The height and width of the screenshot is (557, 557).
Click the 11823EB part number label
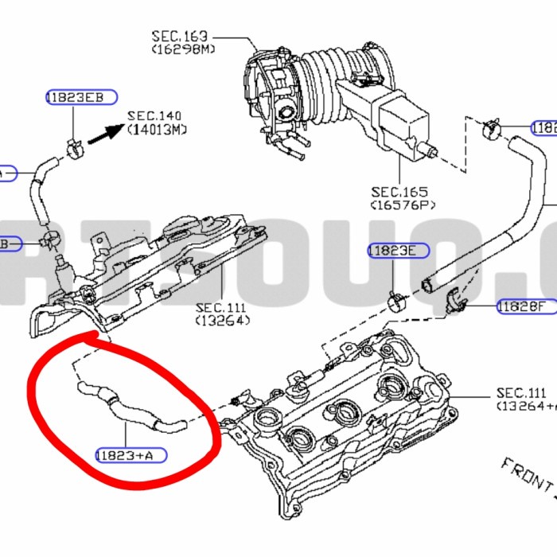[75, 98]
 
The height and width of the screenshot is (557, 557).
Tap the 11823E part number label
[397, 251]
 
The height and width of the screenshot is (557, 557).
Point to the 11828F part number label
[522, 306]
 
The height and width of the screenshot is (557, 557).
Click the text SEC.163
[180, 37]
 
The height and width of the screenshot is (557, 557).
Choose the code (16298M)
[183, 49]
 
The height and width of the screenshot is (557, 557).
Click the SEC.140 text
[155, 116]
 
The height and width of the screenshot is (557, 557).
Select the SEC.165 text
[399, 192]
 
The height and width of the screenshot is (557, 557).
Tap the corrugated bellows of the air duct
[326, 80]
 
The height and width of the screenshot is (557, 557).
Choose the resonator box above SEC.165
[402, 127]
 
